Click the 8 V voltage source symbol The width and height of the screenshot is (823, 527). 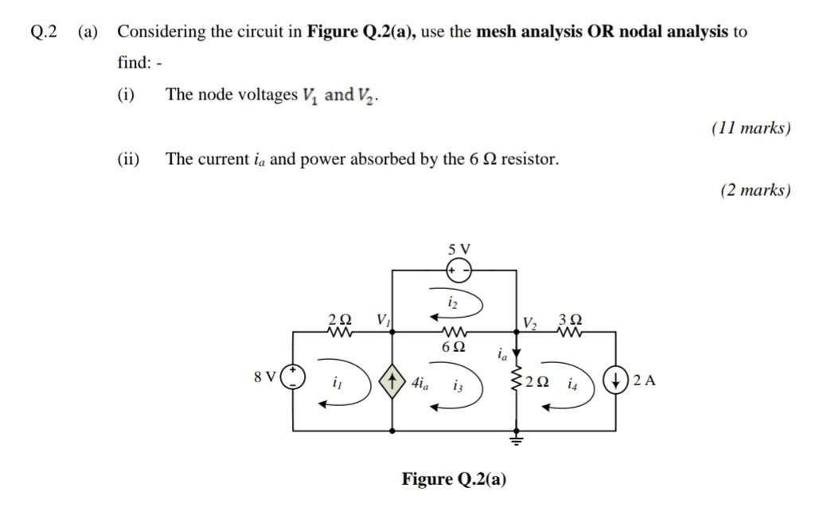[x=294, y=376]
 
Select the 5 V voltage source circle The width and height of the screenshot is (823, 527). [x=458, y=271]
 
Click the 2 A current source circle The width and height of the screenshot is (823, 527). [x=618, y=379]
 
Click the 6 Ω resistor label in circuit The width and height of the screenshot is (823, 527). [x=454, y=347]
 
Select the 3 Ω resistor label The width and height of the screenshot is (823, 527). [x=570, y=319]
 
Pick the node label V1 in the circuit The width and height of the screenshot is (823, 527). [x=384, y=320]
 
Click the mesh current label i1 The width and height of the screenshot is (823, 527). [x=337, y=383]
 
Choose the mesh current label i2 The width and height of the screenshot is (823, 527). [x=452, y=302]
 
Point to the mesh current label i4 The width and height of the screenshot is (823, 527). [x=573, y=384]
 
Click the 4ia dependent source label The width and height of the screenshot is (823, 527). [x=419, y=382]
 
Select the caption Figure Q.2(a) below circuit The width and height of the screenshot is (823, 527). [x=454, y=479]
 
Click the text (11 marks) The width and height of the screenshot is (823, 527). [x=751, y=127]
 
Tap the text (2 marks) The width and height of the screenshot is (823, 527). [x=755, y=190]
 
